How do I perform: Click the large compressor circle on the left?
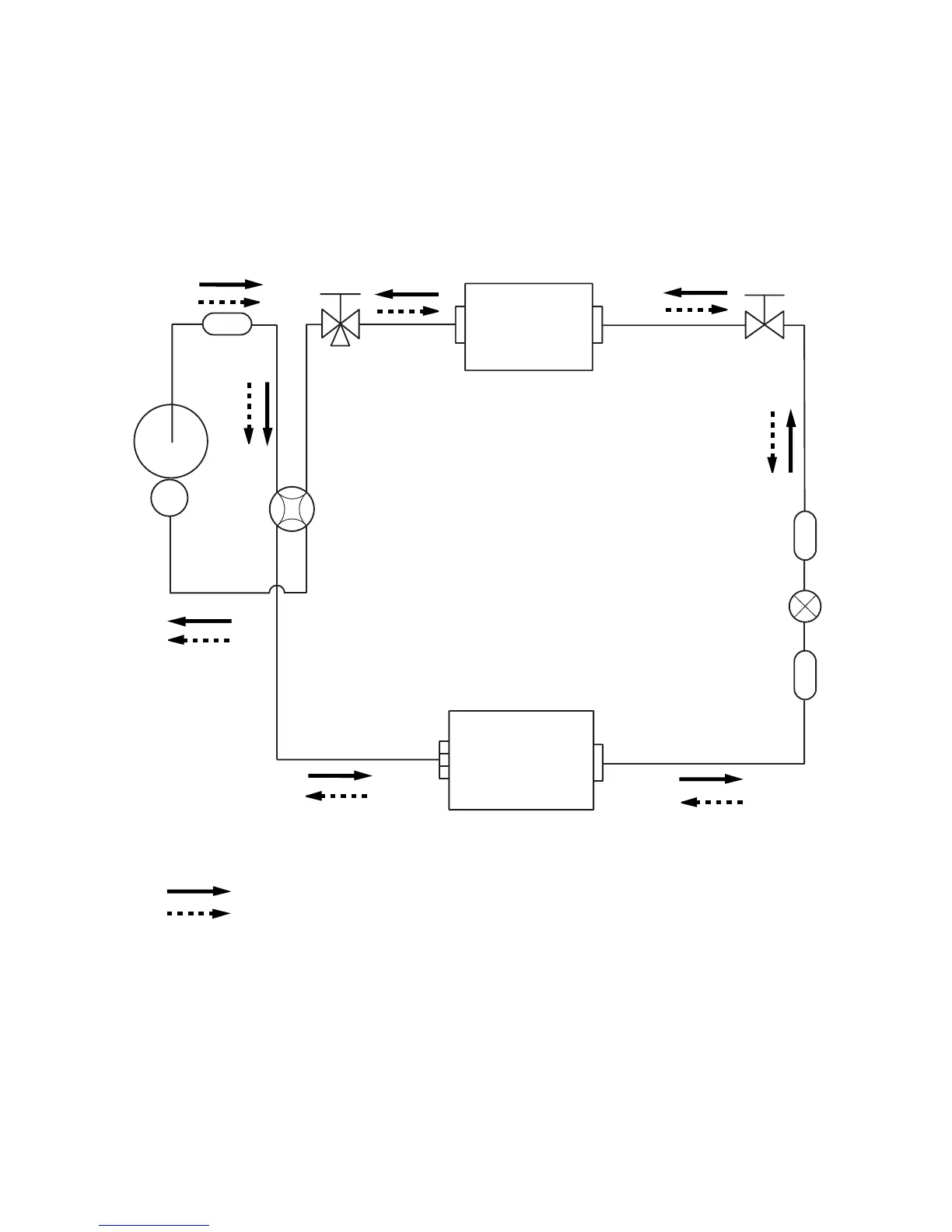tap(171, 441)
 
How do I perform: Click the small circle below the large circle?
tap(170, 497)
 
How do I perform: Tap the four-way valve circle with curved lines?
tap(292, 509)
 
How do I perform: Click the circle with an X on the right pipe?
tap(805, 605)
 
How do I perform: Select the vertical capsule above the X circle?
tap(805, 535)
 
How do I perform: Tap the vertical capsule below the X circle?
tap(805, 674)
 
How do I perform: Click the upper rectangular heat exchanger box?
tap(529, 327)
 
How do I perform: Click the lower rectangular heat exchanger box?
tap(521, 760)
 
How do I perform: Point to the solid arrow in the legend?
tap(199, 891)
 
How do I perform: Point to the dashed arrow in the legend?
tap(199, 913)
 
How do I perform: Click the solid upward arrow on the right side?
tap(791, 441)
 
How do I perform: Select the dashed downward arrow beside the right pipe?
tap(772, 441)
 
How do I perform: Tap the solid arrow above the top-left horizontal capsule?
tap(231, 285)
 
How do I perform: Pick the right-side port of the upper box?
tap(597, 324)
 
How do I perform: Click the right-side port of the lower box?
tap(598, 762)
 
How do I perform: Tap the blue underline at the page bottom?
tap(155, 1226)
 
